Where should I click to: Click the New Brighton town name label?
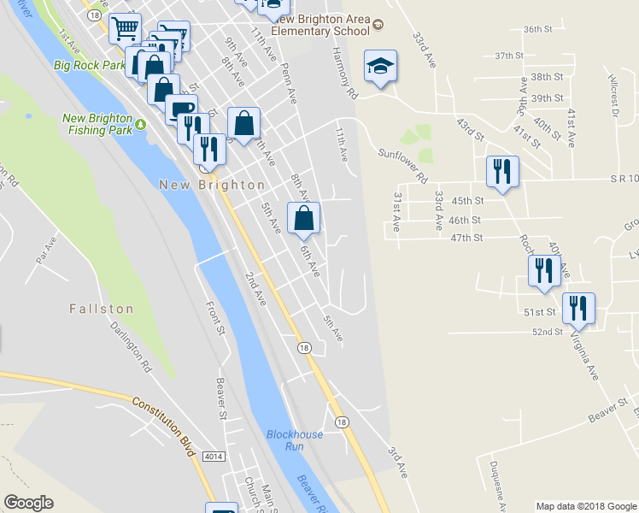point(212,185)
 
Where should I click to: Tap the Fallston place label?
point(101,309)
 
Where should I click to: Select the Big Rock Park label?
point(88,64)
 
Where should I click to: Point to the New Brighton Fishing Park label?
point(97,124)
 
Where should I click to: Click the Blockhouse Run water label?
point(295,439)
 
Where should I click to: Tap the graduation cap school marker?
point(380,67)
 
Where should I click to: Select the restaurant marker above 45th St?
point(501,171)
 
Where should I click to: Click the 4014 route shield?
point(214,457)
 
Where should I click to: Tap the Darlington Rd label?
point(130,345)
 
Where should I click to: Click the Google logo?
point(28,503)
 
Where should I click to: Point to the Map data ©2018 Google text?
point(585,506)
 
